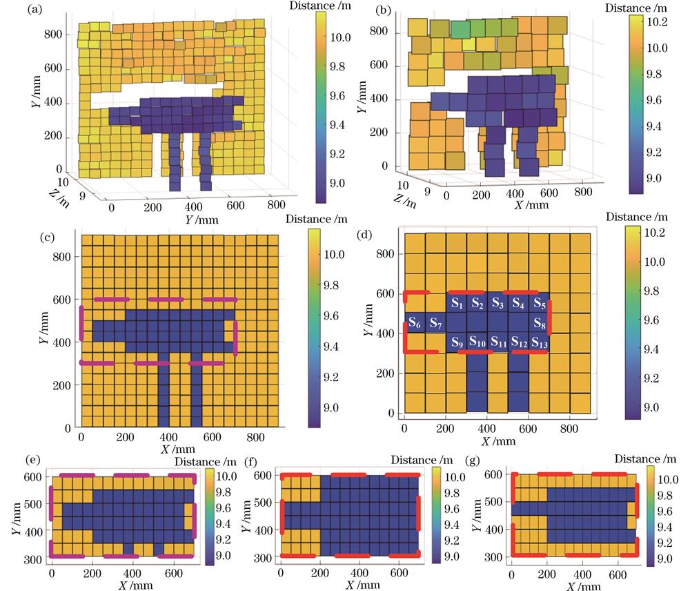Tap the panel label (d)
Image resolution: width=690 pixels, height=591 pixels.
click(x=366, y=232)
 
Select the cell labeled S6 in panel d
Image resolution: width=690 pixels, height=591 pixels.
click(x=414, y=322)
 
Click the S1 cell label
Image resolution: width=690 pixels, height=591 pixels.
click(x=456, y=303)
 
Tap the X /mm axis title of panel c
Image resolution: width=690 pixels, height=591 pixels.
click(x=176, y=449)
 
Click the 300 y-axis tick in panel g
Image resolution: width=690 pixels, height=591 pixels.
click(x=493, y=556)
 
